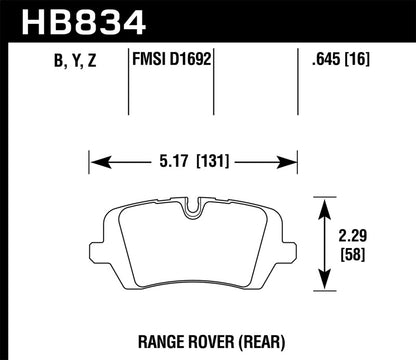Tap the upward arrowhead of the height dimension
(324, 203)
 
